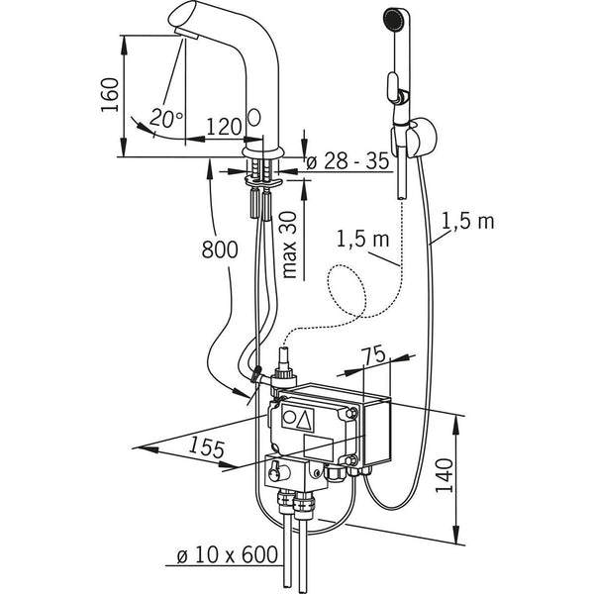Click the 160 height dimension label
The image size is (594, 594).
point(110,95)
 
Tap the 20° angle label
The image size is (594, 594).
point(166,118)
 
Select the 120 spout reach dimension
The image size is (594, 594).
point(224,126)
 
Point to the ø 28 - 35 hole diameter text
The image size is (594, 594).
point(347,161)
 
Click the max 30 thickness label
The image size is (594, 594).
point(289,246)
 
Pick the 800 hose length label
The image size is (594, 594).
point(220,249)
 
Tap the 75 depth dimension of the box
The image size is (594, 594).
point(373,354)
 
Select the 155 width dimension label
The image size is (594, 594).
point(207,447)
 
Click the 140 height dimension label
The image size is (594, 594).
point(444,475)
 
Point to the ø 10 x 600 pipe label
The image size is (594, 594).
point(228,555)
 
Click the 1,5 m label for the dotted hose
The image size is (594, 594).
point(362,239)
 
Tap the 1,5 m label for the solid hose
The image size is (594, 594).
point(468,221)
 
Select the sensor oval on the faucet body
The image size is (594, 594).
point(254,118)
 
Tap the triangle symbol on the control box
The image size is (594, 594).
point(305,419)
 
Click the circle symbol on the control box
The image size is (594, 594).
point(289,417)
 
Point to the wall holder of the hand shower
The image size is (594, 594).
point(422,138)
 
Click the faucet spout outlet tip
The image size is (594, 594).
point(186,35)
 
